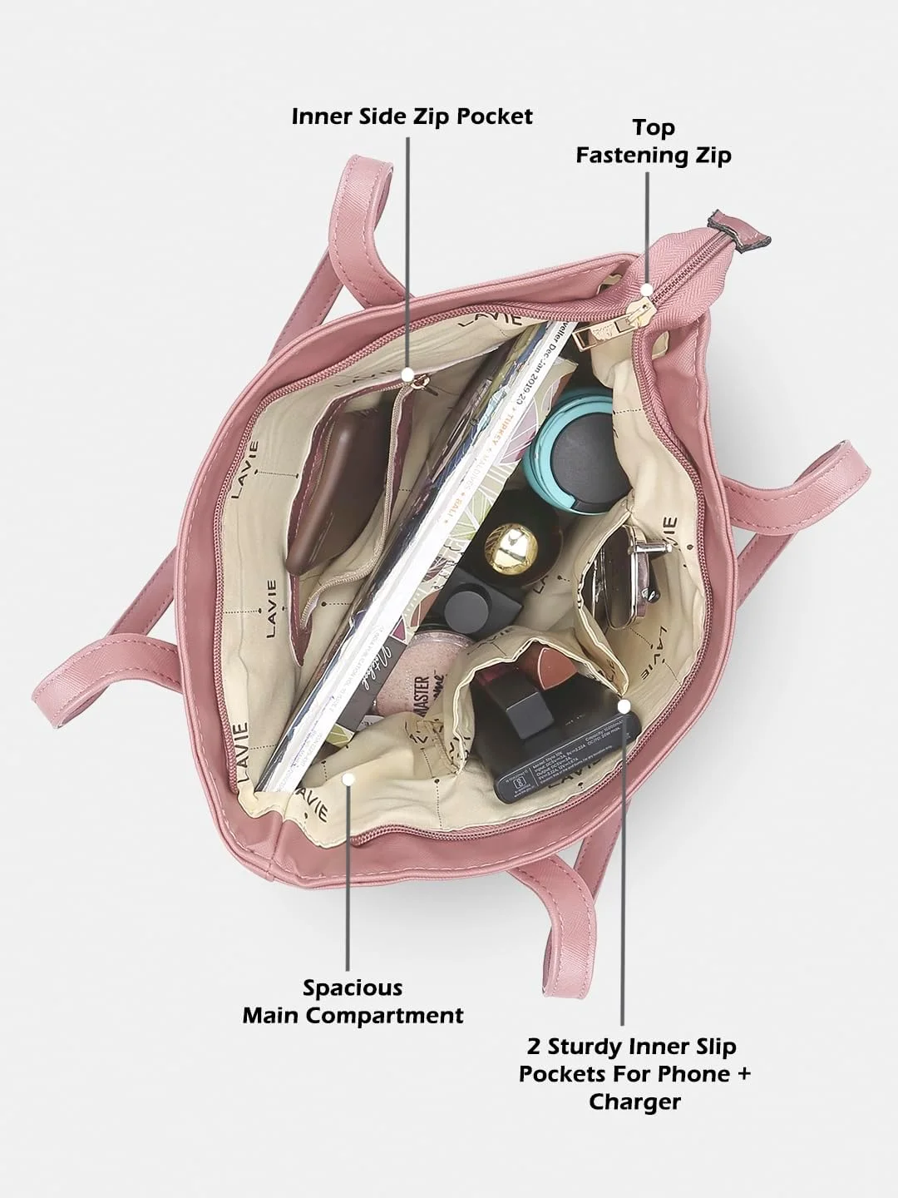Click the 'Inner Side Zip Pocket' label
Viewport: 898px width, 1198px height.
(x=412, y=116)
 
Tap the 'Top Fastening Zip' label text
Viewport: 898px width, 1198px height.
(x=654, y=141)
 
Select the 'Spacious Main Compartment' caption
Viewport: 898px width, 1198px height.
(x=353, y=1002)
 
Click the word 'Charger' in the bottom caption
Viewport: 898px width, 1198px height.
(x=634, y=1101)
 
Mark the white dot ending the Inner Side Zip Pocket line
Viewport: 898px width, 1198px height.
(x=407, y=372)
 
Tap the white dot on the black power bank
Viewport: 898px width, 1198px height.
(x=624, y=705)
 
